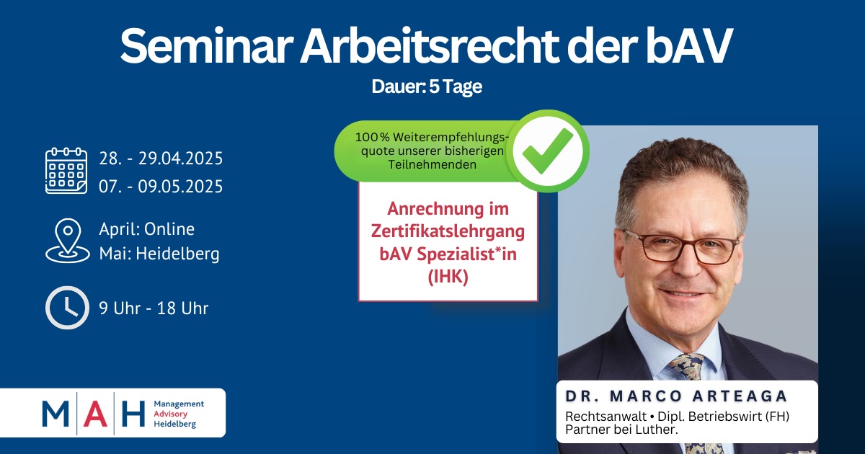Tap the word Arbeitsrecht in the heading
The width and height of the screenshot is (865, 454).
point(430,45)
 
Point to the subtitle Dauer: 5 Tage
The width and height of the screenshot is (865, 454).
point(427,86)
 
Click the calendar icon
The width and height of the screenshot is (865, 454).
point(66,170)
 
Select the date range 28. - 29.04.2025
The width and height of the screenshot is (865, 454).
point(161,159)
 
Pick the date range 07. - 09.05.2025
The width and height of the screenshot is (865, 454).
point(161,186)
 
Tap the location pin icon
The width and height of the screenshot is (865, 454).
point(68,241)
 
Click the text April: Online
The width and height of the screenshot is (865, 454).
point(147,229)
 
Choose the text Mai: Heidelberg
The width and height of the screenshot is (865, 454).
point(159,254)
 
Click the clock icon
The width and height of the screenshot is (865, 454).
point(67,308)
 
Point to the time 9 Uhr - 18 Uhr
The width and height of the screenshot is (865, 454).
point(154,308)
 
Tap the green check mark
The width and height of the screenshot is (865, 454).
point(548,151)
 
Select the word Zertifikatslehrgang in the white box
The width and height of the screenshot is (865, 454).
point(448,231)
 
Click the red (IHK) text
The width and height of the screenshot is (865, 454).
point(448,277)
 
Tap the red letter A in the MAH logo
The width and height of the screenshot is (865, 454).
point(95,414)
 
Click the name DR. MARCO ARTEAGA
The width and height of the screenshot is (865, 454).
point(677,396)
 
